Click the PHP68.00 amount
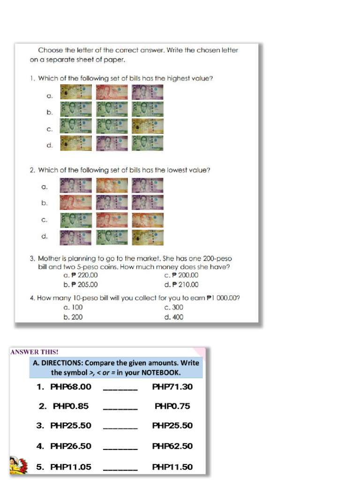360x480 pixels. [70, 387]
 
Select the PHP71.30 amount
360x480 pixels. [172, 387]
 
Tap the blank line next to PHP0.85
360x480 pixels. [120, 408]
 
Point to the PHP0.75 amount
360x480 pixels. [172, 406]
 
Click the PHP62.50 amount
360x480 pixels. [172, 446]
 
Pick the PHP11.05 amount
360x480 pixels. [70, 467]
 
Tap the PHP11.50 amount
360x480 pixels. [172, 467]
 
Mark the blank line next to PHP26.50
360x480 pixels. [120, 448]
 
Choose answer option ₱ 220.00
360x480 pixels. [81, 276]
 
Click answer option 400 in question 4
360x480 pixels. [174, 317]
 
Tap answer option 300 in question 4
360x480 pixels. [174, 307]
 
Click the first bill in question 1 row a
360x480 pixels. [75, 92]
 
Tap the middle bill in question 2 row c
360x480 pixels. [112, 220]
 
